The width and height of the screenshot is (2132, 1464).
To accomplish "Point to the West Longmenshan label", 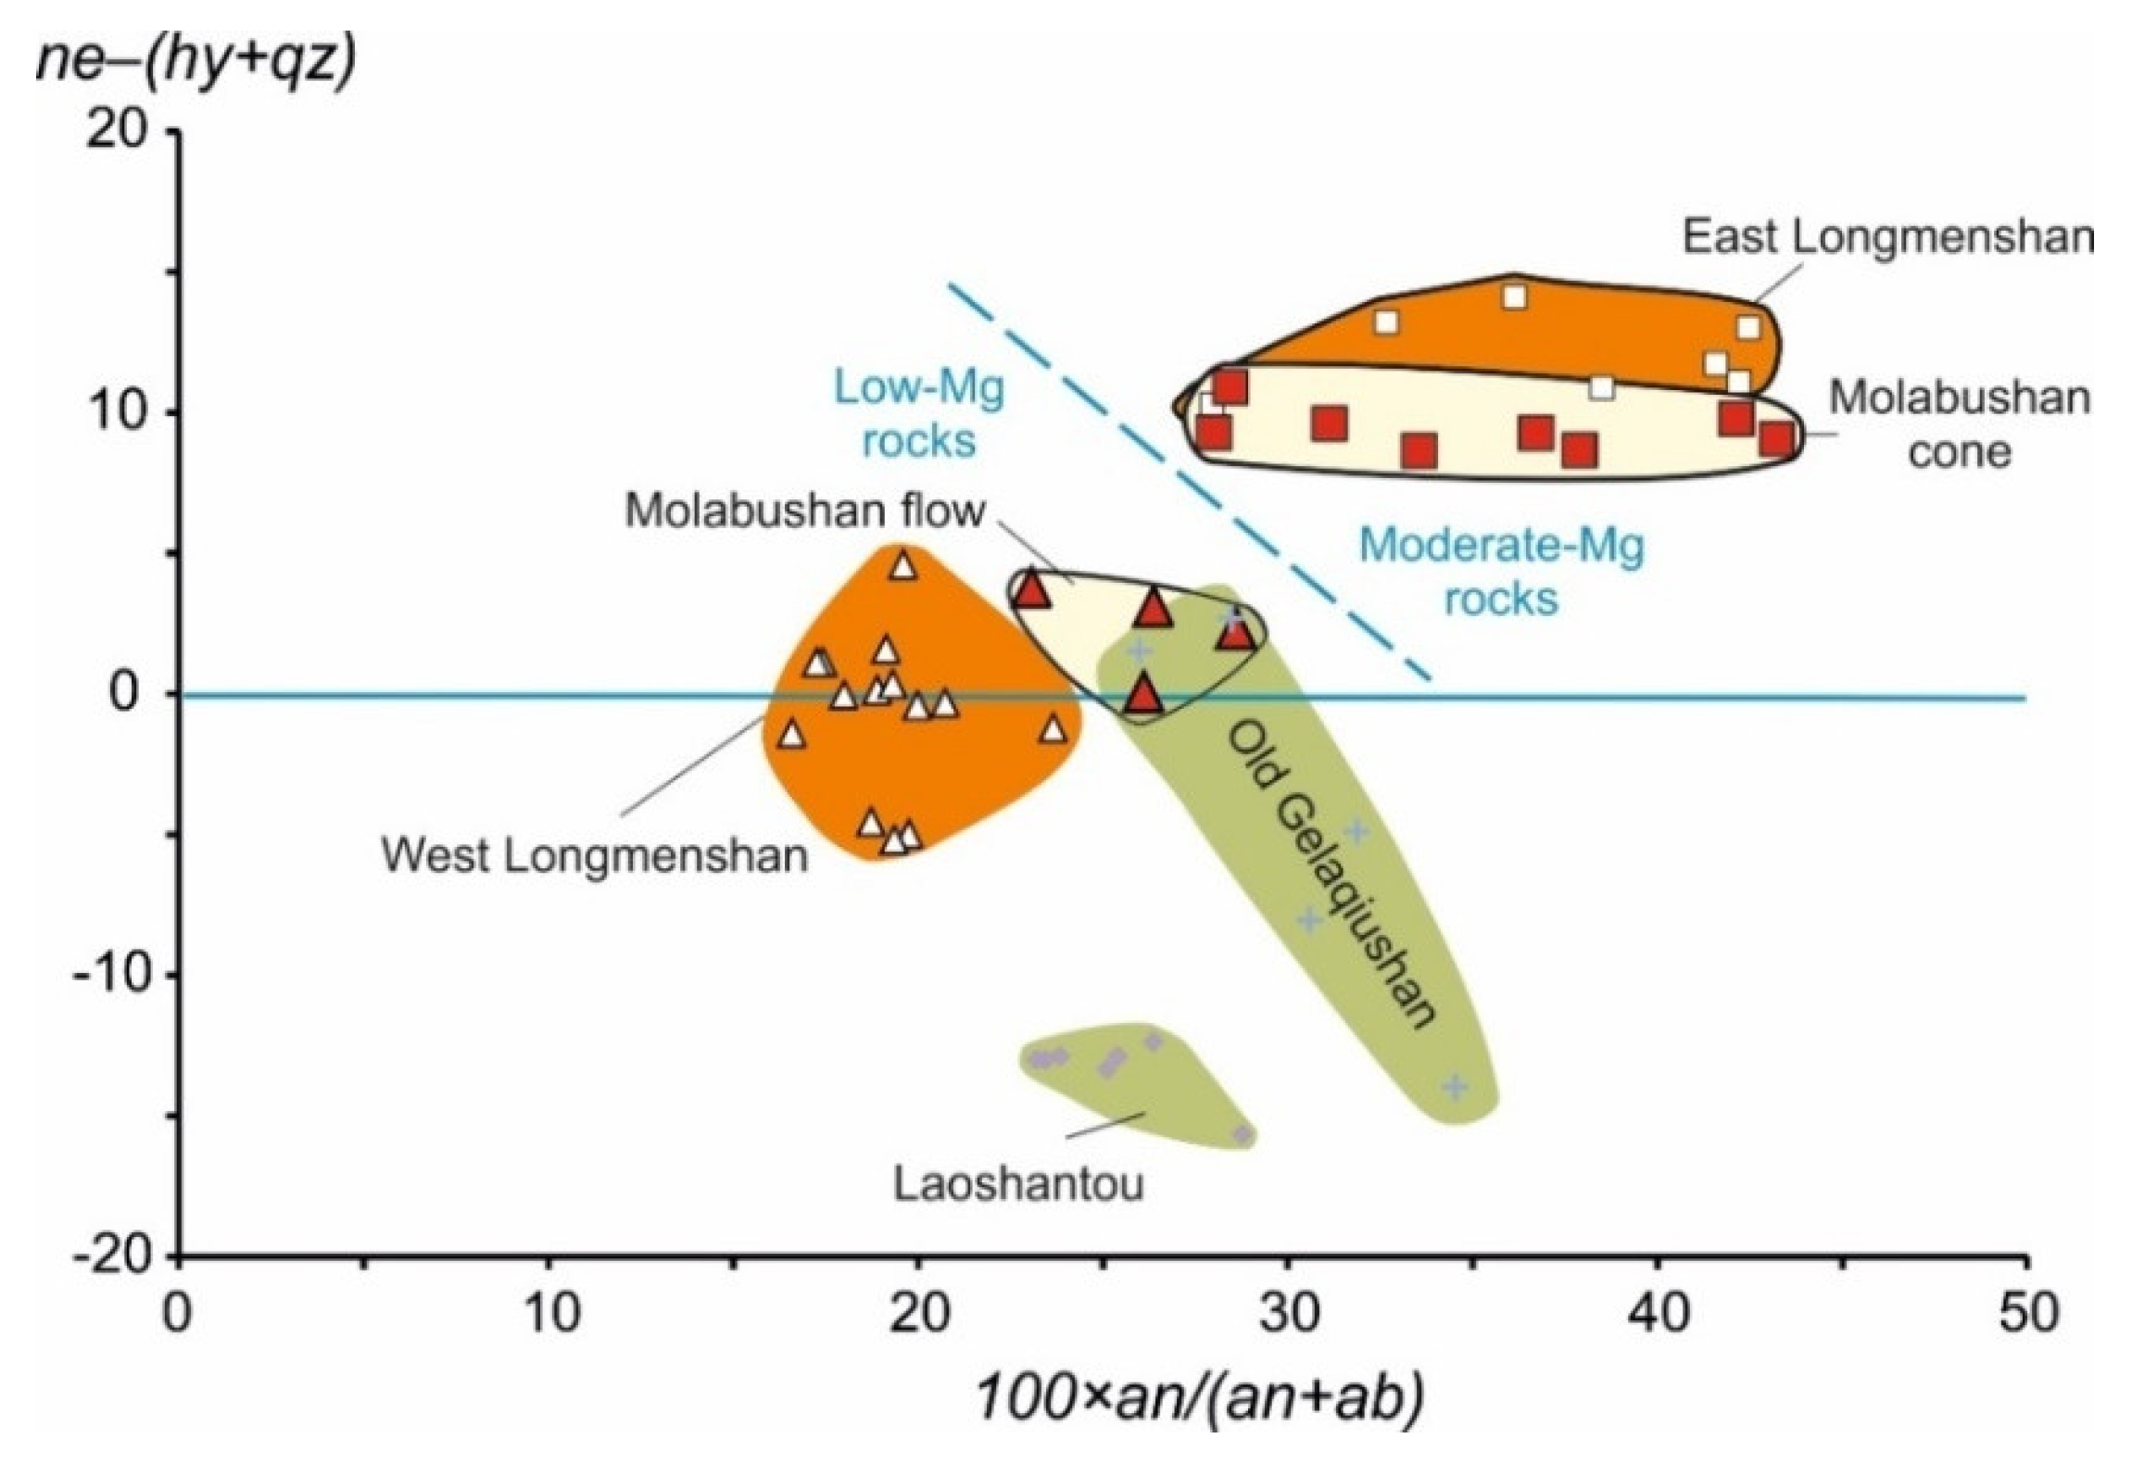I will pos(595,855).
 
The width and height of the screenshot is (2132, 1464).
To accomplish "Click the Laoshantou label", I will pos(1018,1183).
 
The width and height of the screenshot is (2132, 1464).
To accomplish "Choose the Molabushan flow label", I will pos(804,510).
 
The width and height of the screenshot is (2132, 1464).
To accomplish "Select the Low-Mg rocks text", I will pos(918,413).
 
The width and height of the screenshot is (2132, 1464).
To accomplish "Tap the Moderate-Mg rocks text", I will pos(1501,572).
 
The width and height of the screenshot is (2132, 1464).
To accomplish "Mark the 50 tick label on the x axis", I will pos(2027,1314).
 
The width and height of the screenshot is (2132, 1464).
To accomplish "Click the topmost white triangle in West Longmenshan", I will pos(903,564).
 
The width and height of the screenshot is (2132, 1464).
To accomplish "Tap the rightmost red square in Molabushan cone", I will pos(1777,439).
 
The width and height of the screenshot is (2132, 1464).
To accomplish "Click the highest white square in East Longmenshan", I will pos(1514,297).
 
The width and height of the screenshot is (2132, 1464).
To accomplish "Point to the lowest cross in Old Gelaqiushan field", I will pos(1456,1086).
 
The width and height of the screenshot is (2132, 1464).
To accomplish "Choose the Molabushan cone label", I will pos(1959,425).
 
